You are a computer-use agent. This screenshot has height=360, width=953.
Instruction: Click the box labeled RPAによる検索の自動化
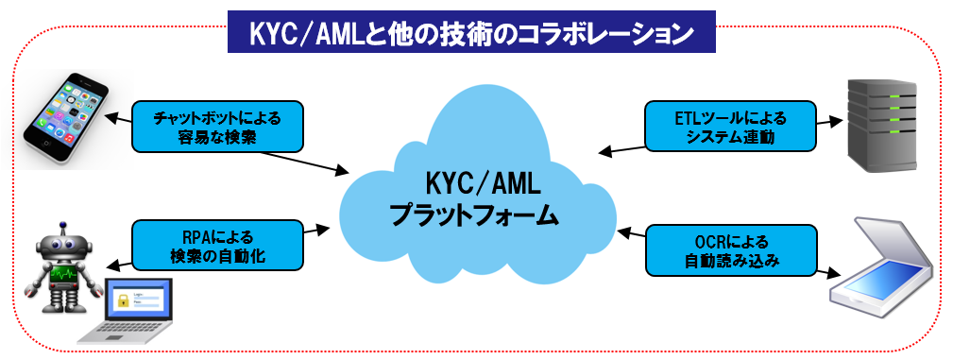(218, 246)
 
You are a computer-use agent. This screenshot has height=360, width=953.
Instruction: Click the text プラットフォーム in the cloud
(475, 214)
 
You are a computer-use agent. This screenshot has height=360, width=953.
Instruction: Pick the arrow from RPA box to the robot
(118, 265)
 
